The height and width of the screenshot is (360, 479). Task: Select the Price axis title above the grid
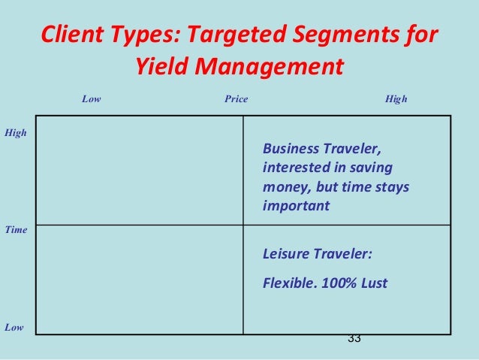pyautogui.click(x=236, y=98)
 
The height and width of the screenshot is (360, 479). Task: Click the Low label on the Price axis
pyautogui.click(x=91, y=98)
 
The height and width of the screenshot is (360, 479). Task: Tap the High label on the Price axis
pyautogui.click(x=396, y=98)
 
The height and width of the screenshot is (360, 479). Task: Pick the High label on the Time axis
pyautogui.click(x=16, y=133)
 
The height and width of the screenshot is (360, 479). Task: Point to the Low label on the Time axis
pyautogui.click(x=14, y=327)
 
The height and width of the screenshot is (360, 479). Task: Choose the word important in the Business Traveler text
pyautogui.click(x=296, y=205)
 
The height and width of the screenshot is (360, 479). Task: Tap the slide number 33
pyautogui.click(x=354, y=339)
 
